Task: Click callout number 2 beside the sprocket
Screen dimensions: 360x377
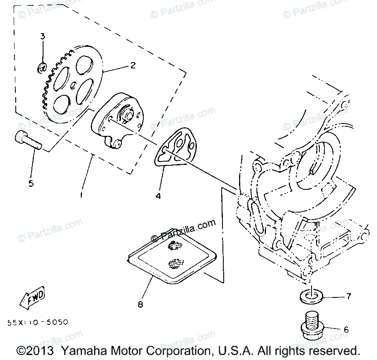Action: pos(133,65)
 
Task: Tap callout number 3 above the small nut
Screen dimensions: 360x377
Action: pos(42,36)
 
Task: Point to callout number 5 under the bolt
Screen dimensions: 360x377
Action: pos(31,183)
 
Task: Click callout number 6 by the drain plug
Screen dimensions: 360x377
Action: pos(346,330)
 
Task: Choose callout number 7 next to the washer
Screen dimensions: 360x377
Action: pos(348,296)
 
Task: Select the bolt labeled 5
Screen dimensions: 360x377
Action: pos(28,141)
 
